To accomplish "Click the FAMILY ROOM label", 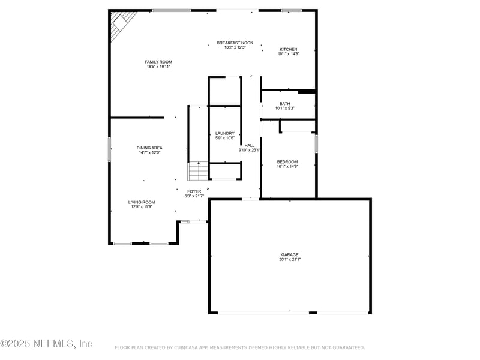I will coord(158,62).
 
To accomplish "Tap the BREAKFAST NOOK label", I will coord(235,43).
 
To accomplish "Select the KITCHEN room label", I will coord(288,49).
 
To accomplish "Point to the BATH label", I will coord(284,104).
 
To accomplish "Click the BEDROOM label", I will coord(287,161).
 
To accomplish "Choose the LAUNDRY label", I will coord(224,133).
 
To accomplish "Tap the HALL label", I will coord(249,145).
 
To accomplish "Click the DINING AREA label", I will coord(149,148).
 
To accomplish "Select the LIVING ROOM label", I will coord(141,202).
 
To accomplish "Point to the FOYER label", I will coord(194,191).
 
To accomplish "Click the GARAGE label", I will coord(290,254).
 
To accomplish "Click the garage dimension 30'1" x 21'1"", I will coord(290,260).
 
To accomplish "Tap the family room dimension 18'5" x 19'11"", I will coord(158,67).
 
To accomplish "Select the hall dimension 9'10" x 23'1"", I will coord(249,150).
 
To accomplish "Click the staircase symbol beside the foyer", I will coord(197,171).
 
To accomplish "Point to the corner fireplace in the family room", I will coord(120,25).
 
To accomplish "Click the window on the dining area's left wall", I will coord(109,149).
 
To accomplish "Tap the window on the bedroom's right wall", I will coord(316,143).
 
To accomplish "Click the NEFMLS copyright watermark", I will coord(46,344).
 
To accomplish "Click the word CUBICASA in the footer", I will coord(191,347).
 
